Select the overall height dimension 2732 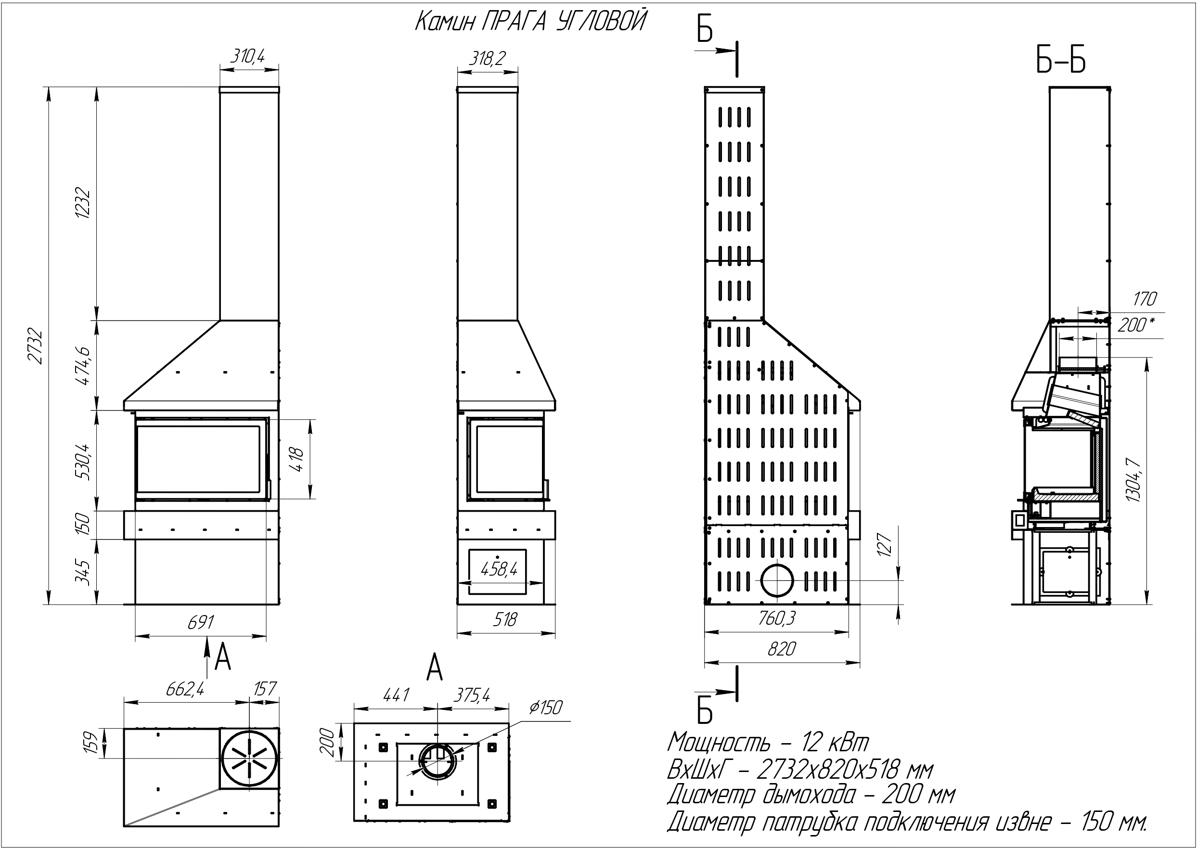(x=35, y=346)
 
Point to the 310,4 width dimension (x=248, y=55)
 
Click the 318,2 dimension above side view (x=487, y=58)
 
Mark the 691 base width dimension (x=201, y=622)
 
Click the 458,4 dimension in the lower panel (x=499, y=569)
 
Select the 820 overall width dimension (x=782, y=649)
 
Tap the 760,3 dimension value (x=777, y=618)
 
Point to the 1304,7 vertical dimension (x=1133, y=479)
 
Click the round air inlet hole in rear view (x=777, y=581)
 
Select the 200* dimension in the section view (x=1135, y=325)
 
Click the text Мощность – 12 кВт (x=768, y=742)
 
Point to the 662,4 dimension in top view (x=184, y=689)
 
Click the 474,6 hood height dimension (x=83, y=365)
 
